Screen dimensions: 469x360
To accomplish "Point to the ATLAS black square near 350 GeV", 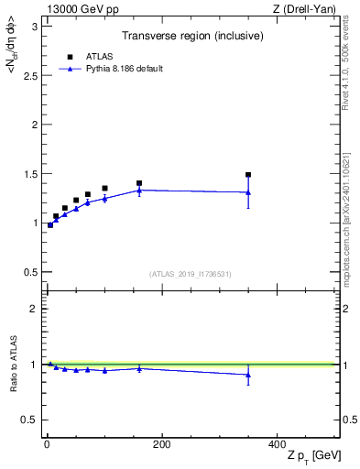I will click(248, 174).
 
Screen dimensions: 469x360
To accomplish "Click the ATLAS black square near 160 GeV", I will click(139, 183).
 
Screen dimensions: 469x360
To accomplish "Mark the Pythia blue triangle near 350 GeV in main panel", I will click(248, 192).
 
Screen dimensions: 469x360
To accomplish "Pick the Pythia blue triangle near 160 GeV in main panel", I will click(139, 190).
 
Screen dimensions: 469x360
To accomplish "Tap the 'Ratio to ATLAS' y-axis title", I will click(12, 364).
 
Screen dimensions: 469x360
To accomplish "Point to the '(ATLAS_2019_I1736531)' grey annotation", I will click(191, 274).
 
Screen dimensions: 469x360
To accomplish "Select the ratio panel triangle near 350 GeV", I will click(248, 375).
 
